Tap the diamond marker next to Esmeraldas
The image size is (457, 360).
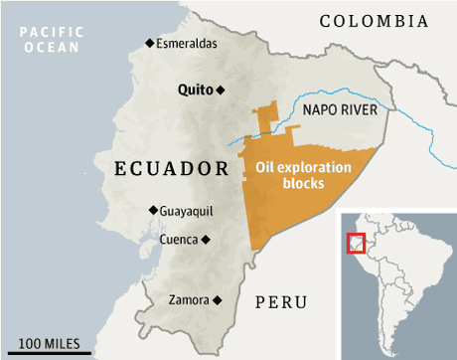pyautogui.click(x=150, y=42)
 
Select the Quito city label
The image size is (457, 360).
pyautogui.click(x=195, y=90)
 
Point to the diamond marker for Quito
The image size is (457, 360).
pyautogui.click(x=222, y=90)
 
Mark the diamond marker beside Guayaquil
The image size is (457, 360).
pyautogui.click(x=152, y=210)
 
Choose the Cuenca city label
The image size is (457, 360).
pyautogui.click(x=179, y=240)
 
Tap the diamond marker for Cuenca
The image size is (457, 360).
pyautogui.click(x=206, y=240)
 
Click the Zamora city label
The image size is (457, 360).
pyautogui.click(x=189, y=299)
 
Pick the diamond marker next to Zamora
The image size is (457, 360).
pyautogui.click(x=216, y=299)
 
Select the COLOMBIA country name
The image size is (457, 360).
pyautogui.click(x=374, y=21)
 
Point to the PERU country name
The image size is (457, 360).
pyautogui.click(x=281, y=301)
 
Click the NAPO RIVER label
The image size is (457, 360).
pyautogui.click(x=338, y=109)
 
